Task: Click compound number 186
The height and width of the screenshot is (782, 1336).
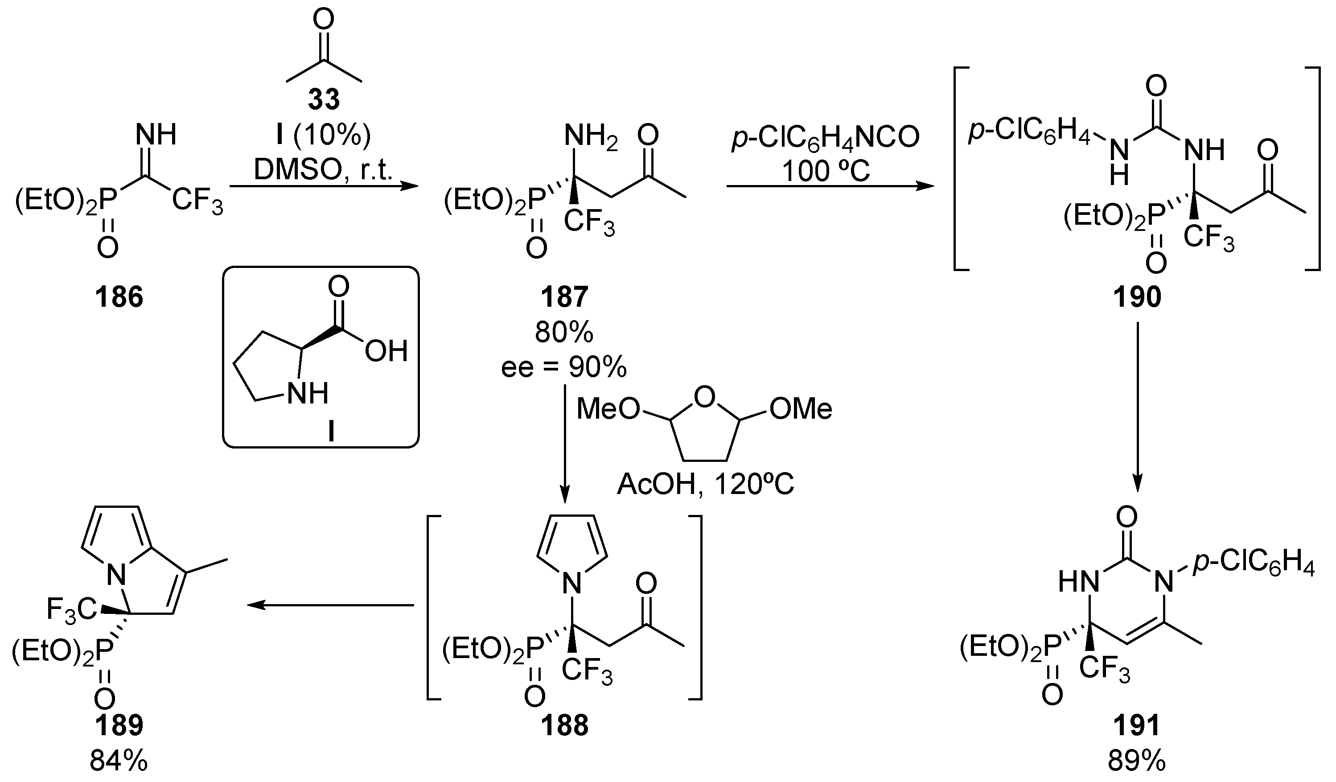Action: coord(119,297)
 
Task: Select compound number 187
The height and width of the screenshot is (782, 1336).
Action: coord(564,297)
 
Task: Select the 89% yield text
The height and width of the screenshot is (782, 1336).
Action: coord(1137,762)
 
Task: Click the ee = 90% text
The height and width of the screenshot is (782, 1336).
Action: coord(564,367)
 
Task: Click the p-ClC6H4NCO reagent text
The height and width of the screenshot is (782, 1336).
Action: coord(826,138)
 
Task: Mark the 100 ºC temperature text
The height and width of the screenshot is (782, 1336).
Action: coord(826,171)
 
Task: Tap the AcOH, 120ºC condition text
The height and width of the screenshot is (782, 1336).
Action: coord(706,484)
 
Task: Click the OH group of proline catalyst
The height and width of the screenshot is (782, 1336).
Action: coord(386,350)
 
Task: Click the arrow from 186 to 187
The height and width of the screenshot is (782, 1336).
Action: coord(323,186)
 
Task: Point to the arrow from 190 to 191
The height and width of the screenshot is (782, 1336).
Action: coord(1137,408)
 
